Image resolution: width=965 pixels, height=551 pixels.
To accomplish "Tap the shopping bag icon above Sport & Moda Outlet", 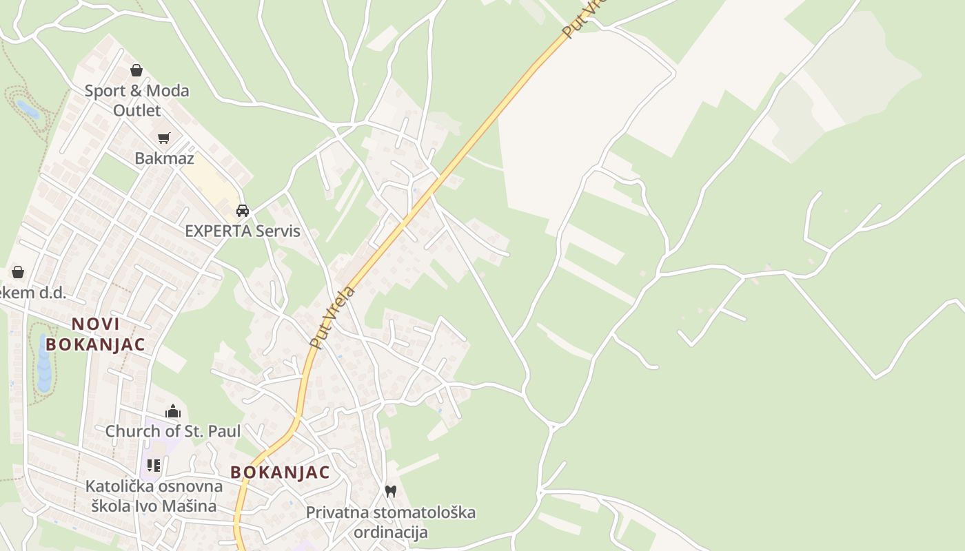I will point(136,70).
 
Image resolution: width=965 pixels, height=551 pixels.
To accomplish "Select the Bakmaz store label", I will point(164,158).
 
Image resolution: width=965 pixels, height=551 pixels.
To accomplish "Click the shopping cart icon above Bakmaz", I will point(164,138).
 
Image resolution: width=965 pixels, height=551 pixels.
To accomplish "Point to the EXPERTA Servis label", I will point(243,231).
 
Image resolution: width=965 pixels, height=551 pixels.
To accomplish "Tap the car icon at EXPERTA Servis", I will point(243,210).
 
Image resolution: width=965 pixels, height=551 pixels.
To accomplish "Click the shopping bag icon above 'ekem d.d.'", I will point(18,272).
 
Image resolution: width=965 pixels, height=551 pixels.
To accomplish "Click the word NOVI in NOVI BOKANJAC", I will point(96,324).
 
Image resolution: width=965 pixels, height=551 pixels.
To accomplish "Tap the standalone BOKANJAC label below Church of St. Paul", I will point(280,472).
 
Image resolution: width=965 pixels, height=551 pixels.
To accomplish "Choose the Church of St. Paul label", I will point(173,431).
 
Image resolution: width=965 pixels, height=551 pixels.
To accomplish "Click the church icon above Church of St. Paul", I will point(173,412).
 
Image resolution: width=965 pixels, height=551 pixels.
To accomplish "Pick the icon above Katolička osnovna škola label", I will point(154,466).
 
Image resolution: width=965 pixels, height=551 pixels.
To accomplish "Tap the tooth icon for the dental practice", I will point(391,491).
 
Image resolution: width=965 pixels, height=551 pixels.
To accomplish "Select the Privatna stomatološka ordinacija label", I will point(391,522).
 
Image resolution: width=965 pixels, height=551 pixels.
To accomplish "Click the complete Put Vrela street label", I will point(332,317).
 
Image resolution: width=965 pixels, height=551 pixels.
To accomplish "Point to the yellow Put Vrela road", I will point(441,179).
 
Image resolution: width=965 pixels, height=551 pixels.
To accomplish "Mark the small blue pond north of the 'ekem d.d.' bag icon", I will point(28,109).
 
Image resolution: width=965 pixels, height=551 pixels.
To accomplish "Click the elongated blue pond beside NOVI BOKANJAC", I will point(44,365).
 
